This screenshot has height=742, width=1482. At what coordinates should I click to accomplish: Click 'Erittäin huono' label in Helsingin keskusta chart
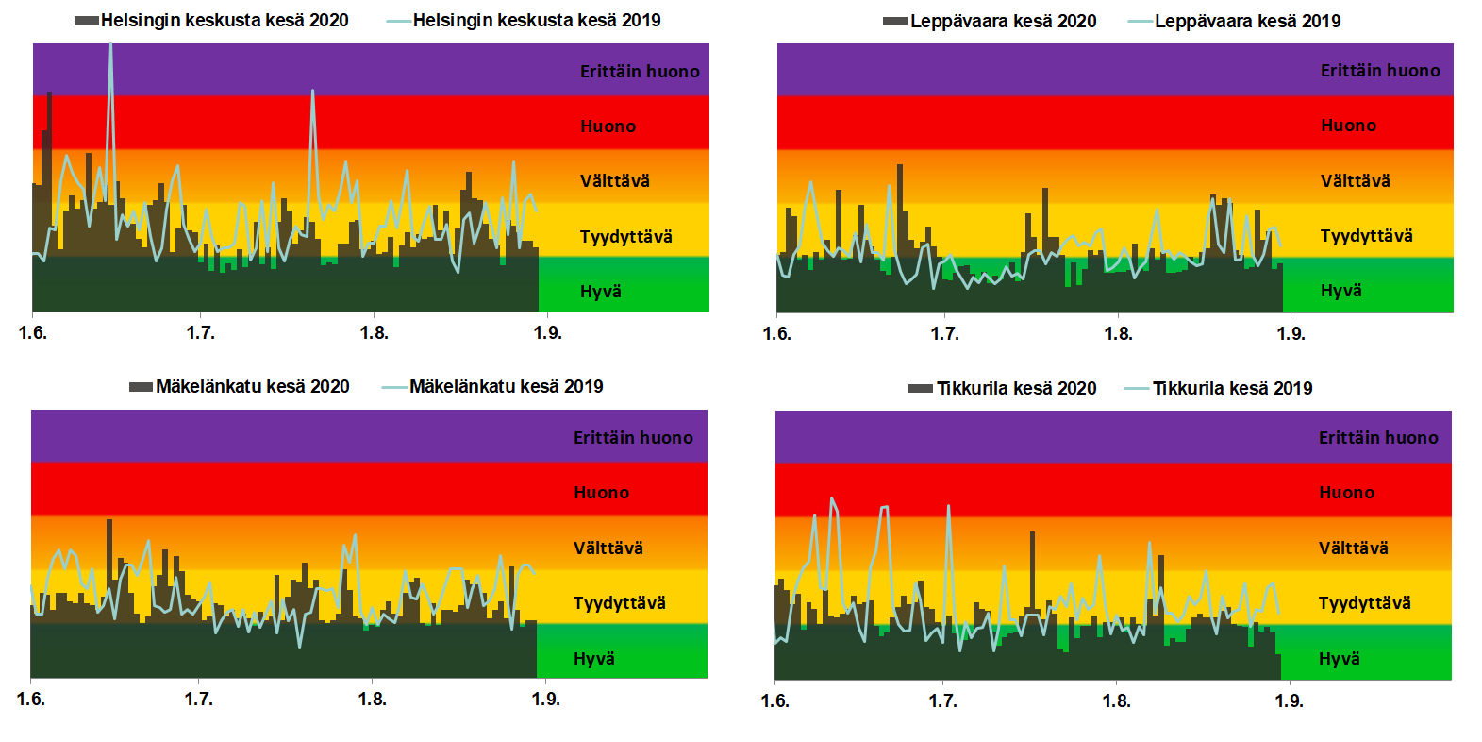640,72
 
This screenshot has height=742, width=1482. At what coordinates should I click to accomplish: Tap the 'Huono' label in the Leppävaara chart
1348,126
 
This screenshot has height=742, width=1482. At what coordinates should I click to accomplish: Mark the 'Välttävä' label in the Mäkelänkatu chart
608,548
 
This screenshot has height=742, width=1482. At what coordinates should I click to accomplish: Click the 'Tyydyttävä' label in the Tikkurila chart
1364,603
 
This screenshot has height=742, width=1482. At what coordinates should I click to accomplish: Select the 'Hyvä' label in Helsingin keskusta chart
600,292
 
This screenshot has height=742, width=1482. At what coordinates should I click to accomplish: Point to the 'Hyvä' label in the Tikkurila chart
1339,659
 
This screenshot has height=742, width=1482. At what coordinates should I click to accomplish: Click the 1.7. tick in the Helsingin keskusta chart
200,333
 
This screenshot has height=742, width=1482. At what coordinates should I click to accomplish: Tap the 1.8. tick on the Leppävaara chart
1118,334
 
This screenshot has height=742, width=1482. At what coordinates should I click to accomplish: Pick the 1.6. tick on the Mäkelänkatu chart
31,700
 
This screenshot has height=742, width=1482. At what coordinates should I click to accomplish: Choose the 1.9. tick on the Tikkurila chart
1289,701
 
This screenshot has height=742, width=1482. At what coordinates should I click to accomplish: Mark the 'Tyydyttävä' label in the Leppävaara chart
1366,236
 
